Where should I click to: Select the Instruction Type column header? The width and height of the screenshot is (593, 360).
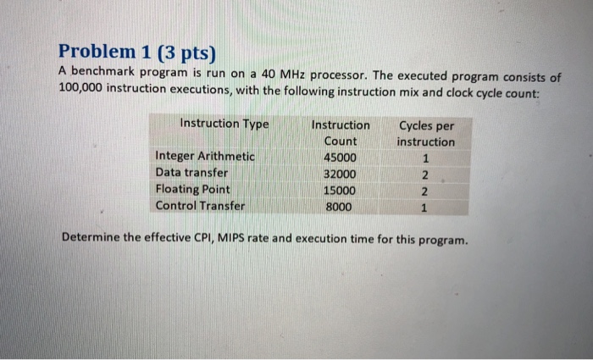click(224, 124)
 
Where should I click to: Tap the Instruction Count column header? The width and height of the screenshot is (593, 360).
click(341, 133)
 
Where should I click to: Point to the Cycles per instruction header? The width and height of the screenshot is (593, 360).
click(426, 134)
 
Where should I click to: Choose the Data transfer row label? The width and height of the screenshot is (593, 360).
click(191, 173)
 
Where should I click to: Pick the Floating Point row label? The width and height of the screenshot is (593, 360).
click(192, 189)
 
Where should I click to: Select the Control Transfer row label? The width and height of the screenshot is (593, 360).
click(200, 205)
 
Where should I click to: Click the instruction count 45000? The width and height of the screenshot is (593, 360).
click(341, 158)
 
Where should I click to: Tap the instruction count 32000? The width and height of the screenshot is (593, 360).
click(341, 174)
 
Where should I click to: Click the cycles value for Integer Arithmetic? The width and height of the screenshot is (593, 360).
click(425, 158)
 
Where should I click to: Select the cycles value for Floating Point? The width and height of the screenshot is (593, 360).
click(425, 191)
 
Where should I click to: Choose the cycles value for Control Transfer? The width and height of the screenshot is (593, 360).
click(425, 207)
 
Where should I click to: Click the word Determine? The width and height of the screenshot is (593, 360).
click(91, 238)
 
